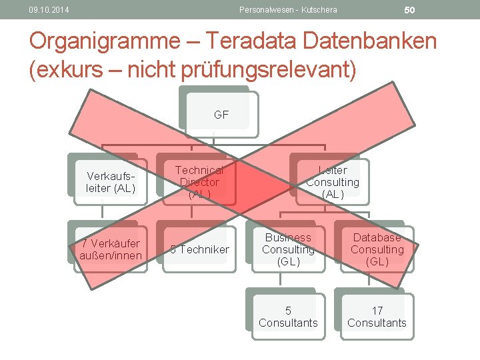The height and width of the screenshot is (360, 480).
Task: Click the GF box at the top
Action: pyautogui.click(x=221, y=115)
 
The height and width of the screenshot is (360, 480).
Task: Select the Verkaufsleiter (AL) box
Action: pyautogui.click(x=111, y=182)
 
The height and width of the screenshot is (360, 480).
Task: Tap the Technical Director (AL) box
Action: pyautogui.click(x=199, y=182)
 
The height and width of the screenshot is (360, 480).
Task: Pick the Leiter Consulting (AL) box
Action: pyautogui.click(x=332, y=182)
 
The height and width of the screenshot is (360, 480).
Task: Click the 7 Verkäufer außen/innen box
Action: pyautogui.click(x=111, y=249)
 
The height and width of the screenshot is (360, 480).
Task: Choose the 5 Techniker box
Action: pyautogui.click(x=199, y=249)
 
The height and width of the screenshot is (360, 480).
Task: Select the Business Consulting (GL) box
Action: pyautogui.click(x=288, y=249)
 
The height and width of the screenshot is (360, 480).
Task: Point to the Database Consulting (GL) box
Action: pyautogui.click(x=377, y=249)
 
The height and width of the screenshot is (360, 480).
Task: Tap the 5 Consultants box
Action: pyautogui.click(x=288, y=317)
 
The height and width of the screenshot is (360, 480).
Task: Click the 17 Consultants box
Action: pyautogui.click(x=377, y=317)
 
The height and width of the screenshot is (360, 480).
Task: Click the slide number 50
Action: pyautogui.click(x=409, y=9)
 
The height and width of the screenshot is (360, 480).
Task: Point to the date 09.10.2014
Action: pyautogui.click(x=49, y=9)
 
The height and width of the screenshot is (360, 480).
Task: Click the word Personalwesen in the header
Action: pyautogui.click(x=265, y=9)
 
